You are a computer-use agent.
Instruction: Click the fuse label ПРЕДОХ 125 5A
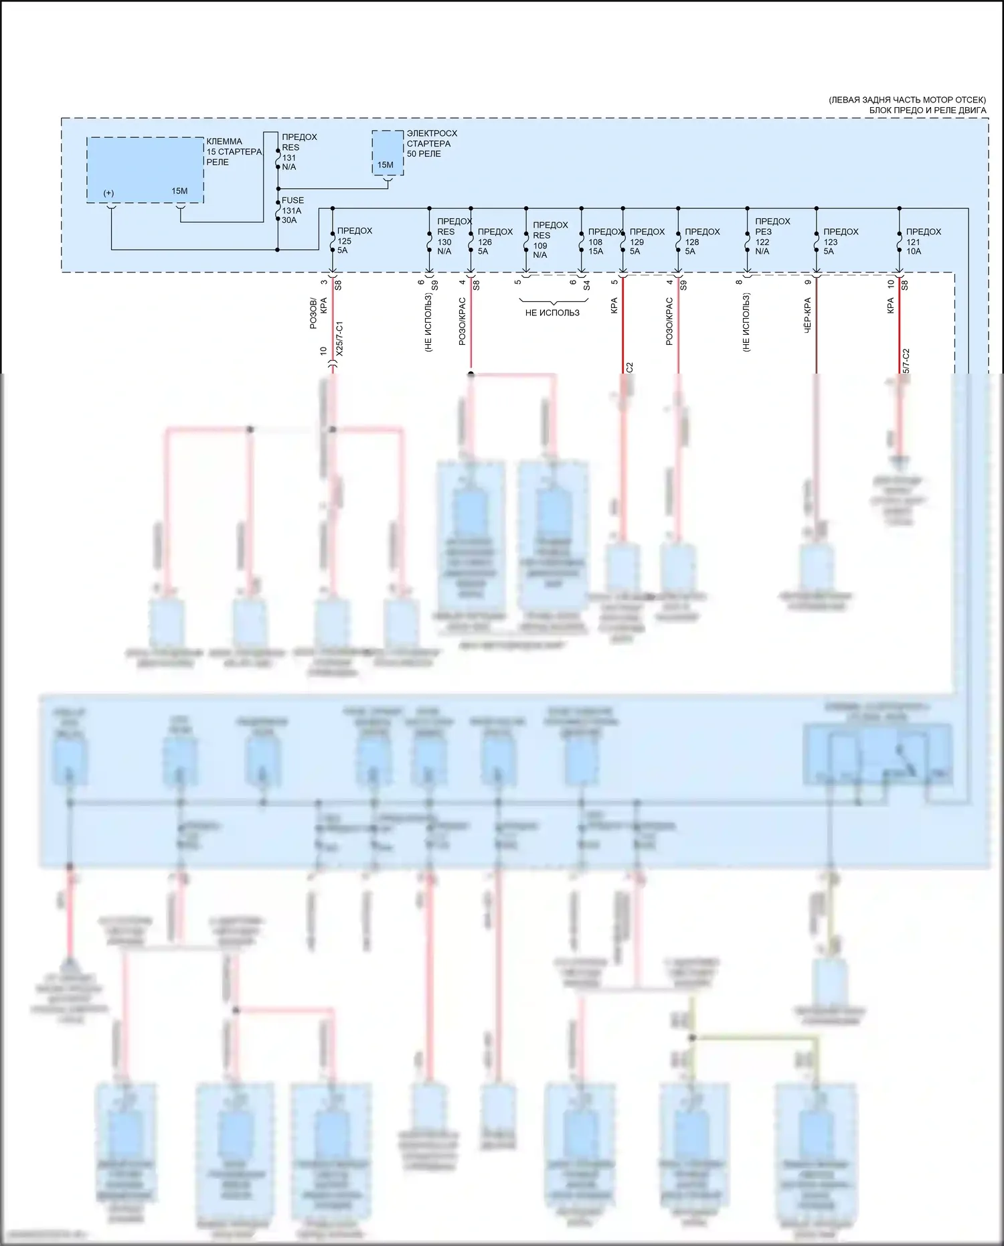(x=354, y=240)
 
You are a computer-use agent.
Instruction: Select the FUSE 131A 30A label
(x=292, y=210)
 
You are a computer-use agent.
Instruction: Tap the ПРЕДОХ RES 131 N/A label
(x=299, y=152)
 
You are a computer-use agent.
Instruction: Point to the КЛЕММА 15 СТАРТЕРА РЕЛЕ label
(x=234, y=152)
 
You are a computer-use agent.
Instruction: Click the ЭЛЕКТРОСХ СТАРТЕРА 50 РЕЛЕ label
(x=432, y=144)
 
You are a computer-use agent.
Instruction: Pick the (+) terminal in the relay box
(x=108, y=193)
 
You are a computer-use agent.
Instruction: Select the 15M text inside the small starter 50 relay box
(x=385, y=165)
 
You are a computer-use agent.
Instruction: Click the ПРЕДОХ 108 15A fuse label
(x=605, y=242)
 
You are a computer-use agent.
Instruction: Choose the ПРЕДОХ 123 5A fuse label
(x=840, y=242)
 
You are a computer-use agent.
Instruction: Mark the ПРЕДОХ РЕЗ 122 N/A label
(x=772, y=236)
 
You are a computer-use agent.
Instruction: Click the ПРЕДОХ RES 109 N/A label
(x=550, y=240)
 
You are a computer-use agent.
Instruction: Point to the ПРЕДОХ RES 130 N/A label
(x=454, y=236)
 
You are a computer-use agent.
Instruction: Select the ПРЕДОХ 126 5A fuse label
(x=495, y=242)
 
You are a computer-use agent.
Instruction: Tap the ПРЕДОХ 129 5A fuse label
(x=647, y=242)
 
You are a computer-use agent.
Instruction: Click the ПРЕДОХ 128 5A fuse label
(x=701, y=242)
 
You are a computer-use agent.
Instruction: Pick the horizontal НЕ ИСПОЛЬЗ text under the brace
(x=552, y=313)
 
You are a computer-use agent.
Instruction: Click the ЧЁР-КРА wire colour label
(x=808, y=317)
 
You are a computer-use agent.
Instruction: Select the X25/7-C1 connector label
(x=339, y=338)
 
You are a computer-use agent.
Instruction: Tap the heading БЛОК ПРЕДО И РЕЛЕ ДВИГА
(x=927, y=110)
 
